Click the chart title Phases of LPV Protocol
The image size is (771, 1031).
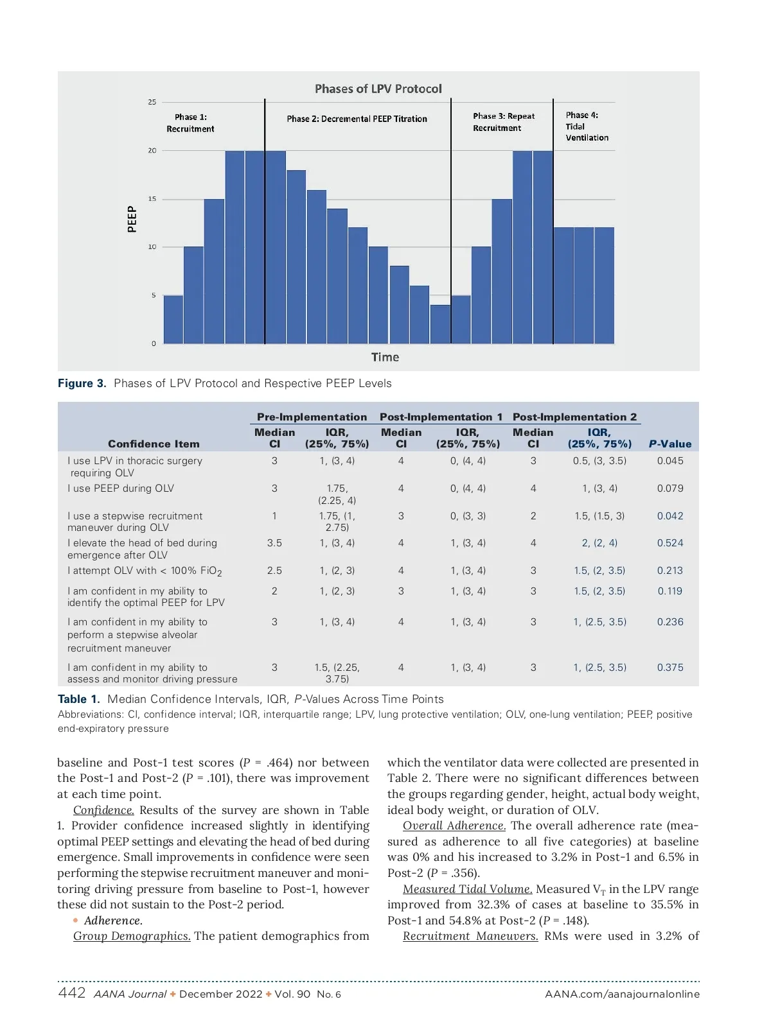378,89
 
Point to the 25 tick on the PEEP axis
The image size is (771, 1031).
152,102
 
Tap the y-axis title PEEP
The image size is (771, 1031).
132,219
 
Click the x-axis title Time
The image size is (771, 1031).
385,358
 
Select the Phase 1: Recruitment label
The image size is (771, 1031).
190,123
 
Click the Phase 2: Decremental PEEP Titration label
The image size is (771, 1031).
357,119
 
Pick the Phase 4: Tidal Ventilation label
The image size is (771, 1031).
587,126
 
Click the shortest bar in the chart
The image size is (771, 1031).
440,324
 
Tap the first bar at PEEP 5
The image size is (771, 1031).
173,319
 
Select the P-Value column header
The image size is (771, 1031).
670,444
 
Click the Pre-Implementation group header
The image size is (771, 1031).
312,417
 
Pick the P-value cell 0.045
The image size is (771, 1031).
670,461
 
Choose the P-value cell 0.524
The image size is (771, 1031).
670,543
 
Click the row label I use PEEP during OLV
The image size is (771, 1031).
121,489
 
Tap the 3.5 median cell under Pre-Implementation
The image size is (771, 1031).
274,543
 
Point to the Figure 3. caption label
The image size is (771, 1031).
82,383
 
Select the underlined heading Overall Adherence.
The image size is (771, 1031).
454,826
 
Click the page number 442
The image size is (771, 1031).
71,993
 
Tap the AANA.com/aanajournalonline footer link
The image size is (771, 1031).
622,994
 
